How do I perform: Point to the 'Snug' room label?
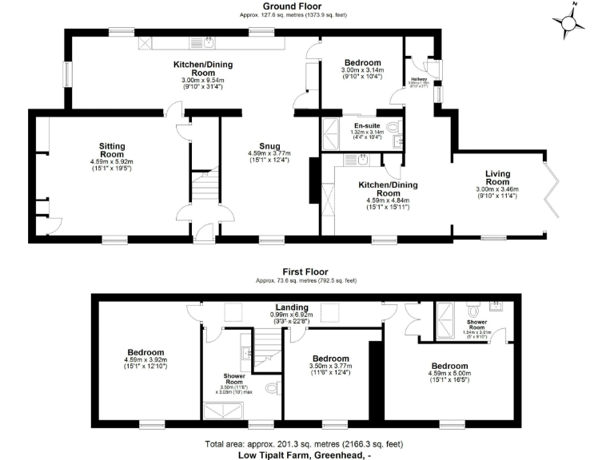[x=268, y=146]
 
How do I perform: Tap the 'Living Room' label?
[x=497, y=178]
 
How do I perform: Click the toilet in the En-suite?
[x=392, y=128]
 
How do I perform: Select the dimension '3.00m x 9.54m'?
[x=202, y=81]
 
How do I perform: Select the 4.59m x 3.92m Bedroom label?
[x=144, y=353]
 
